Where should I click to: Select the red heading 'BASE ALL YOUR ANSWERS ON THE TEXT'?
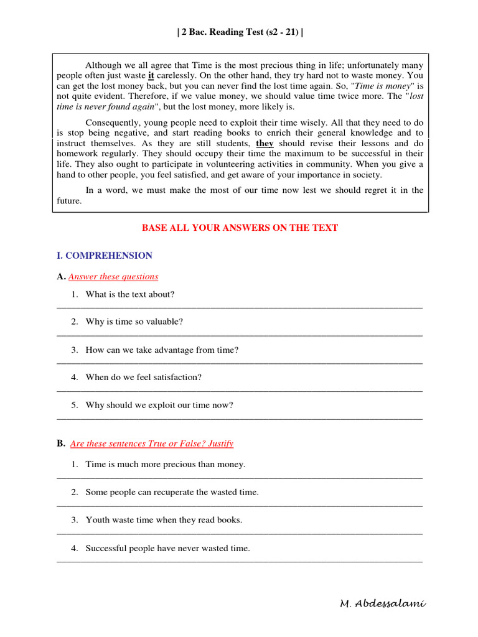click(x=240, y=228)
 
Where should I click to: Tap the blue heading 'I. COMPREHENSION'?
click(x=104, y=256)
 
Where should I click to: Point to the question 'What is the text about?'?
click(x=130, y=294)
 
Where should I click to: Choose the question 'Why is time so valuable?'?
click(x=134, y=322)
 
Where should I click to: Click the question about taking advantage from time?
click(x=162, y=350)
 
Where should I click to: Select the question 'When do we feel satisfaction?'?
click(x=144, y=378)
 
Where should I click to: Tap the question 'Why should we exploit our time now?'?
click(x=159, y=405)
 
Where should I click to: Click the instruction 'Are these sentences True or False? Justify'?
click(x=152, y=444)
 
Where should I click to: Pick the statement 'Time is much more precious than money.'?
click(x=166, y=464)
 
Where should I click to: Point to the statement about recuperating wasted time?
click(x=172, y=492)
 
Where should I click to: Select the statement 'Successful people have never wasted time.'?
click(x=167, y=548)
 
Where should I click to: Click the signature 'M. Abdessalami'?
click(x=383, y=604)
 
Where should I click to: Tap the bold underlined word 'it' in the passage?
click(x=151, y=76)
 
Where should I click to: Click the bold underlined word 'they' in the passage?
click(x=265, y=143)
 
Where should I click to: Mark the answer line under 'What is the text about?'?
click(x=240, y=307)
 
